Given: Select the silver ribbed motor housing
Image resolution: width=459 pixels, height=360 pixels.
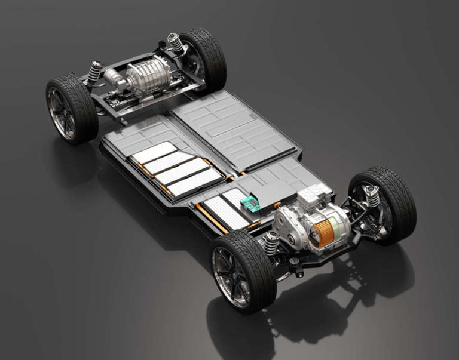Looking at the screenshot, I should click(x=146, y=77).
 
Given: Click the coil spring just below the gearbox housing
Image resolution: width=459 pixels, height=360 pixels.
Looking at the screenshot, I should click(x=271, y=243).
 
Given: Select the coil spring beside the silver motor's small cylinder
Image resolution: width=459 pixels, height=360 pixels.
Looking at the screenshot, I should click(x=94, y=72).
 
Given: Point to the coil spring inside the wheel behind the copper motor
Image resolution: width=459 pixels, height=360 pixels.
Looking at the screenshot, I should click(x=372, y=195).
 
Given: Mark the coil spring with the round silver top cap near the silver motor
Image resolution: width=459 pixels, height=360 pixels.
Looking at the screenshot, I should click(x=175, y=42).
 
